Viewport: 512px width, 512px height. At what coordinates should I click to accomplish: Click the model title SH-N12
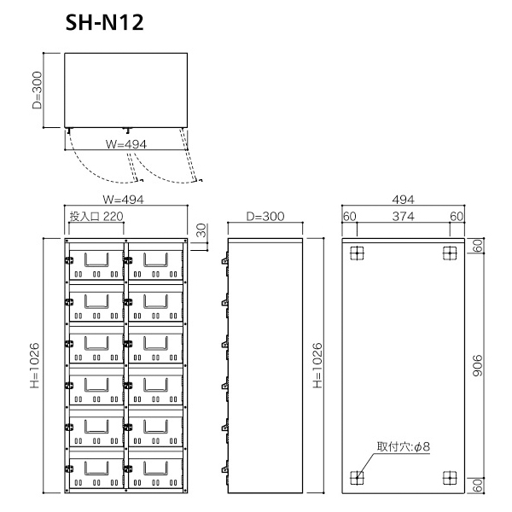click(x=104, y=22)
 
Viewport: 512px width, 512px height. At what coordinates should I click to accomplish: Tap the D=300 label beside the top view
click(x=38, y=90)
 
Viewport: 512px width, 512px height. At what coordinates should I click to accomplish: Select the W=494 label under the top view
click(x=126, y=144)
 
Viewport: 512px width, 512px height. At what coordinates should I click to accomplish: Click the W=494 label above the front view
click(x=123, y=199)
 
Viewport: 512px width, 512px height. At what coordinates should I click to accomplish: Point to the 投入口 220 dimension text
click(x=96, y=216)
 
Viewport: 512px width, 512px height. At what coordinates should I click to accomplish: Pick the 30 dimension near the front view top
click(x=201, y=230)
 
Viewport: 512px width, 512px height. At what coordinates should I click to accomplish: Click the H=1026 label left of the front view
click(x=34, y=365)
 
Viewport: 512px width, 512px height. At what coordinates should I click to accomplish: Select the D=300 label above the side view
click(x=265, y=216)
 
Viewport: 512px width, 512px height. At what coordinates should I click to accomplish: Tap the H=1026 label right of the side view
click(x=317, y=365)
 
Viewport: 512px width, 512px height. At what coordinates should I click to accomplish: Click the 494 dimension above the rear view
click(x=404, y=199)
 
